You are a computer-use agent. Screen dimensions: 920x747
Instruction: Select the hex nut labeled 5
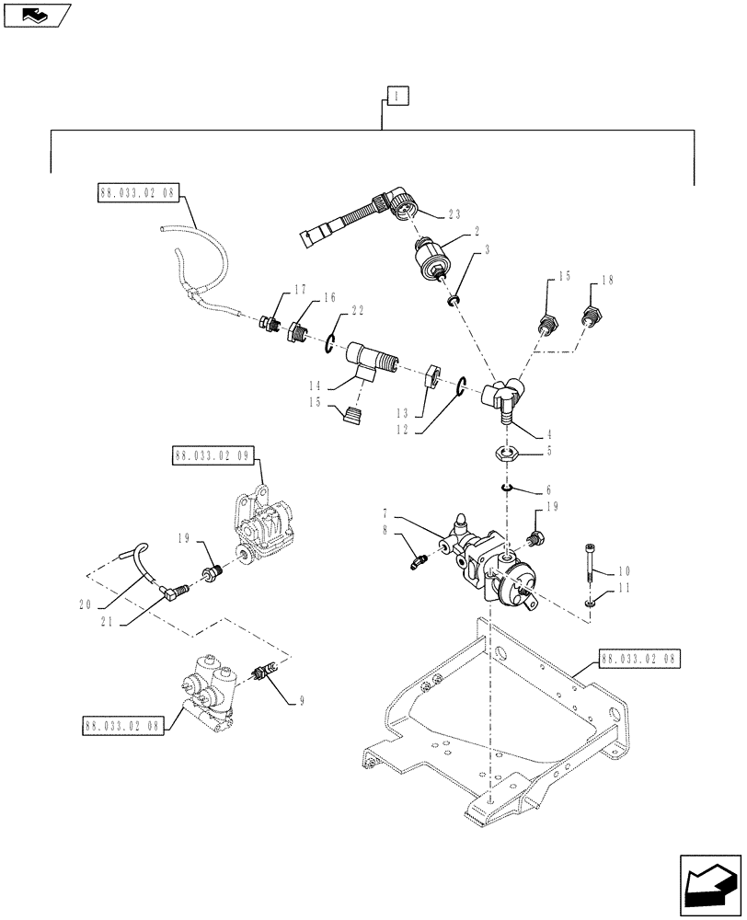tap(505, 452)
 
